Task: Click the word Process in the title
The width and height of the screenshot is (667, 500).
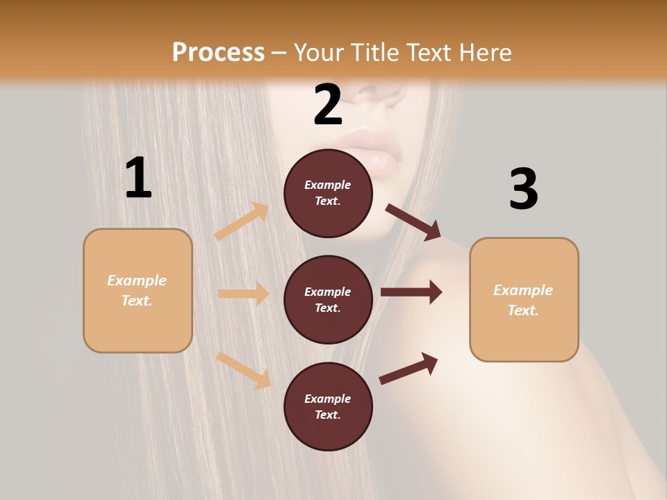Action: [x=218, y=53]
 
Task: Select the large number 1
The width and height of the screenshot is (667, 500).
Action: [x=138, y=178]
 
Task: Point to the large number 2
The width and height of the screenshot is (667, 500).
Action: [x=328, y=105]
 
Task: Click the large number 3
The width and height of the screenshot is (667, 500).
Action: [x=523, y=189]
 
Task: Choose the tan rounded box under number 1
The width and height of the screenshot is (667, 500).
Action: [x=138, y=290]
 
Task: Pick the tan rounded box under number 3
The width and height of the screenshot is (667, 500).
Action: [x=524, y=299]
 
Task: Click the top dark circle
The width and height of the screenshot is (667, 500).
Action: [x=328, y=193]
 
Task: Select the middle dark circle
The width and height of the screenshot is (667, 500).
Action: [x=328, y=299]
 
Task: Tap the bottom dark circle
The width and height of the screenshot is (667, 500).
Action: [x=328, y=406]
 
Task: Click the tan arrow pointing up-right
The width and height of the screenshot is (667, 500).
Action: [x=242, y=222]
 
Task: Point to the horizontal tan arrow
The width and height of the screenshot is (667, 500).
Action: [x=243, y=294]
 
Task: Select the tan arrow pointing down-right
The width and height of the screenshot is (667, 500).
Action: [x=243, y=370]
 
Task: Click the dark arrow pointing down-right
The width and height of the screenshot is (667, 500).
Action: [x=413, y=222]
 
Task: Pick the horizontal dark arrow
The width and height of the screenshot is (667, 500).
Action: [x=411, y=292]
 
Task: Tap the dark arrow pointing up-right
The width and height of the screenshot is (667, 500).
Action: [x=409, y=369]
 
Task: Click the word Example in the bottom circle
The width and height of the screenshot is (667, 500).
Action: [x=328, y=399]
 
